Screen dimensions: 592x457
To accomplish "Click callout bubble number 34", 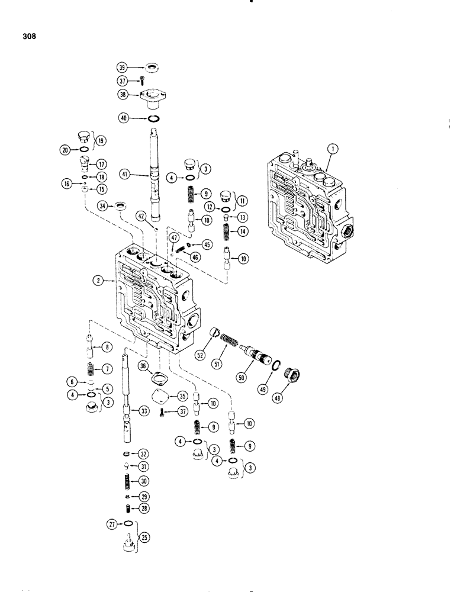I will point(104,205).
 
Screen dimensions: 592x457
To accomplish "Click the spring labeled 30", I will point(126,481).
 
